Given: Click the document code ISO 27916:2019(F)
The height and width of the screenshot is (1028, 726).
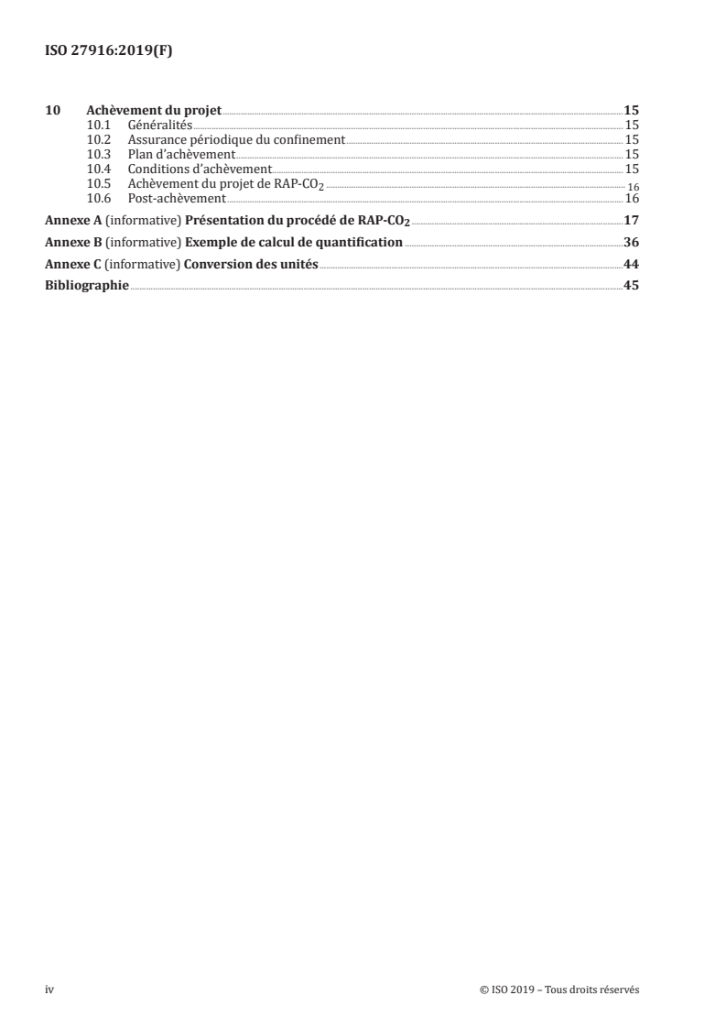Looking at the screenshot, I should [108, 51].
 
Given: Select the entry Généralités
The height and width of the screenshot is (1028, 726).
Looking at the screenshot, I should [153, 126].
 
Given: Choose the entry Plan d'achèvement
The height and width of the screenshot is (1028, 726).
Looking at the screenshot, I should [181, 155].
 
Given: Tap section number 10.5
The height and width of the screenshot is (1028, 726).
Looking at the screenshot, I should [98, 184].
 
